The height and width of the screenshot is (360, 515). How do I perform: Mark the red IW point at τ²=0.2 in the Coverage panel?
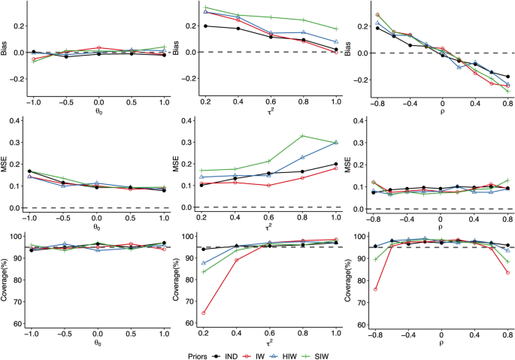coord(204,313)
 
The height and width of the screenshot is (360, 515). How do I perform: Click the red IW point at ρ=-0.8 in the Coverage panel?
coord(376,289)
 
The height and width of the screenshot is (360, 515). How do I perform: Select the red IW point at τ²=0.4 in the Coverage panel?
coord(238,260)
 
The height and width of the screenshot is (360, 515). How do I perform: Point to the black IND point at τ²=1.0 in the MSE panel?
coord(336,164)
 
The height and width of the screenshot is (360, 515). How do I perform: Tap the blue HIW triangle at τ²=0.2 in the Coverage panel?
coord(204,263)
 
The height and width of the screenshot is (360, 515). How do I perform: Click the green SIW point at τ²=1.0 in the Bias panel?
coord(336,29)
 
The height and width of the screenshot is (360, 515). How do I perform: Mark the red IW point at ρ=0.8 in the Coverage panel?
coord(508,273)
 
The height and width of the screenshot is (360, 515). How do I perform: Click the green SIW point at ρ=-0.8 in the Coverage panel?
coord(376,259)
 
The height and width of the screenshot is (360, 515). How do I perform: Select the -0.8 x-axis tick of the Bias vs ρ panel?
coord(375,101)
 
